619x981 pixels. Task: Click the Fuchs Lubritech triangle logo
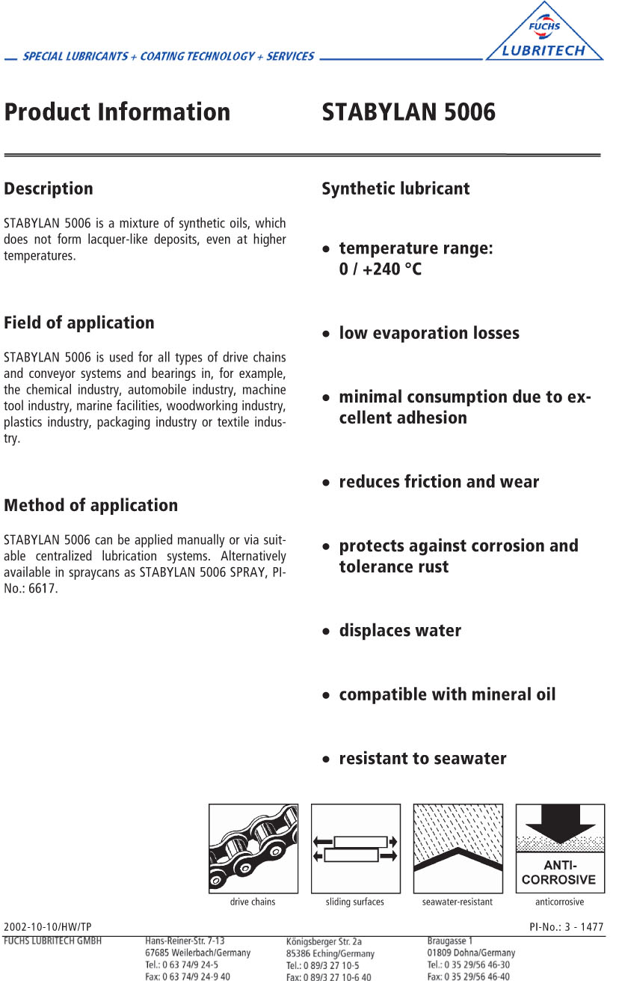pos(544,34)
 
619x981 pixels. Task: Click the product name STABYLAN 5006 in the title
pos(408,112)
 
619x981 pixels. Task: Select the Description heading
pos(49,189)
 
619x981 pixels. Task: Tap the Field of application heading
pos(79,323)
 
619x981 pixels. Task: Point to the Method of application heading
pos(91,506)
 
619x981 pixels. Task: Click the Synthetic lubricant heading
pos(395,189)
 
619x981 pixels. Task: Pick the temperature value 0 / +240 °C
pos(381,269)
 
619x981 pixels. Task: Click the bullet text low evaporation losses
pos(429,333)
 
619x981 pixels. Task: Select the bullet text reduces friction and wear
pos(439,482)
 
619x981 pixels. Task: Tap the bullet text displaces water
pos(400,631)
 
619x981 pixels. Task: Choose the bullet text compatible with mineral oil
pos(447,694)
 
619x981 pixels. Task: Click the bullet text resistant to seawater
pos(422,759)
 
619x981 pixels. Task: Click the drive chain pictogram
pos(253,849)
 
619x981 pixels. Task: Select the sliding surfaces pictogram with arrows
pos(356,849)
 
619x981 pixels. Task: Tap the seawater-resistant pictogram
pos(458,849)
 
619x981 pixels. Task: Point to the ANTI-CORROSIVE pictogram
pos(560,849)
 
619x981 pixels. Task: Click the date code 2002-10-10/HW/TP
pos(48,927)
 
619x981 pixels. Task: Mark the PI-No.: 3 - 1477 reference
pos(566,927)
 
